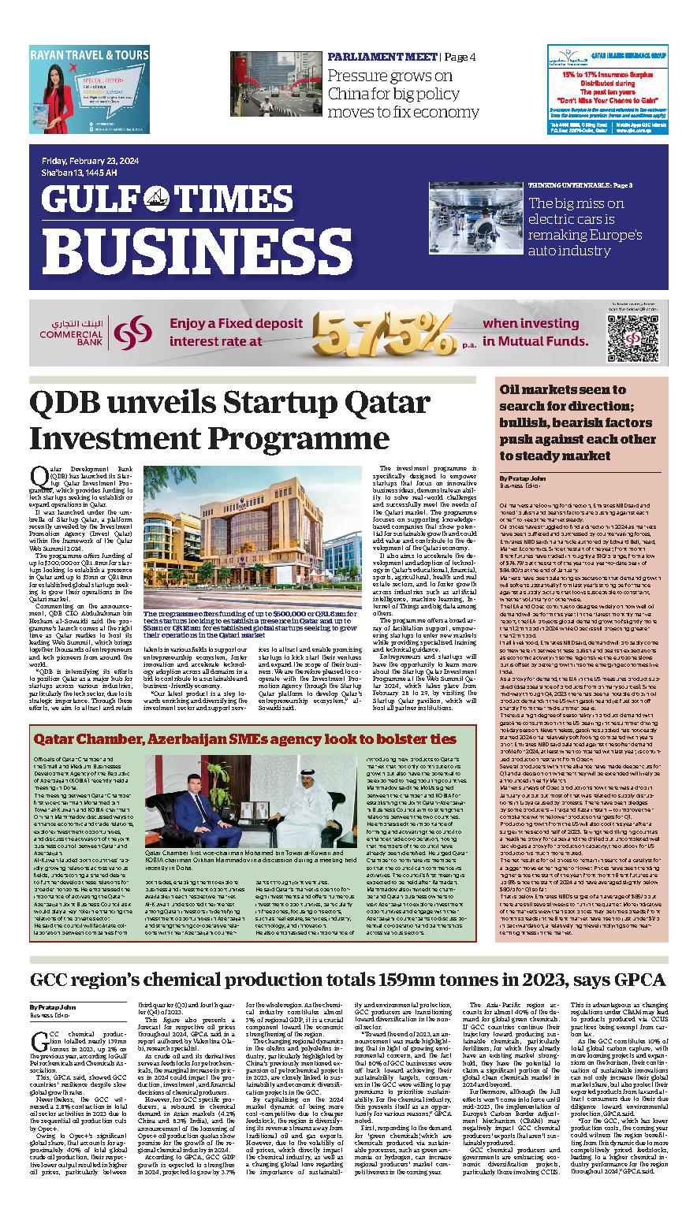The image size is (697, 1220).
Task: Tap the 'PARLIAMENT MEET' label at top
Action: click(382, 58)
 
